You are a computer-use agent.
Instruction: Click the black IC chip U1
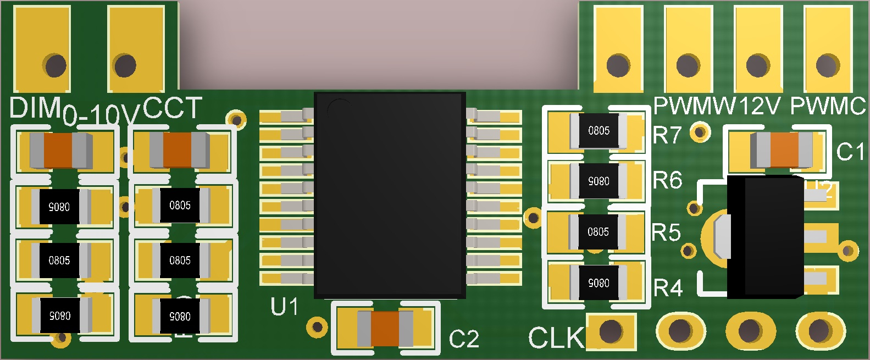(390, 195)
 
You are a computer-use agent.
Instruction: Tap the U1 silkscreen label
(284, 307)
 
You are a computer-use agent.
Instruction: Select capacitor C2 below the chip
(385, 328)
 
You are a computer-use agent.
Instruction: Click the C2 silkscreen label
(464, 339)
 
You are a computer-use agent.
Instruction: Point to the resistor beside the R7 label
(599, 131)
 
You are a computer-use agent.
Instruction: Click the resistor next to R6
(599, 181)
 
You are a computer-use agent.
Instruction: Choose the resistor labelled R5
(598, 232)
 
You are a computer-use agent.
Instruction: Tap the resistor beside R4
(599, 283)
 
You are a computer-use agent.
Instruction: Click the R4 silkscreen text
(668, 287)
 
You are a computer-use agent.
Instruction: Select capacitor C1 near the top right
(782, 149)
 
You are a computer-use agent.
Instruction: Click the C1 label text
(850, 152)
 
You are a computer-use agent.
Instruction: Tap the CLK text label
(556, 338)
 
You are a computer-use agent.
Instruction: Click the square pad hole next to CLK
(611, 331)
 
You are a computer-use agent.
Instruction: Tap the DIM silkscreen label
(34, 108)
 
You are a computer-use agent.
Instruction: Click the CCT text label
(172, 108)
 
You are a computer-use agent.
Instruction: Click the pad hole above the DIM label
(55, 66)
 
